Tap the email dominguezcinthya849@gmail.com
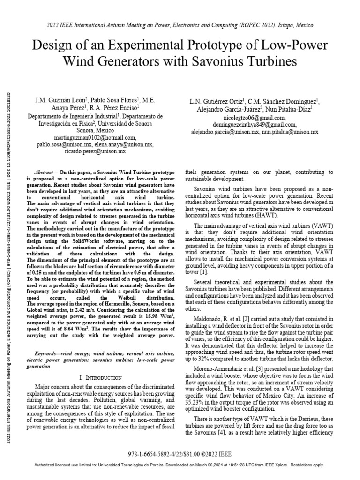(254, 125)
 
